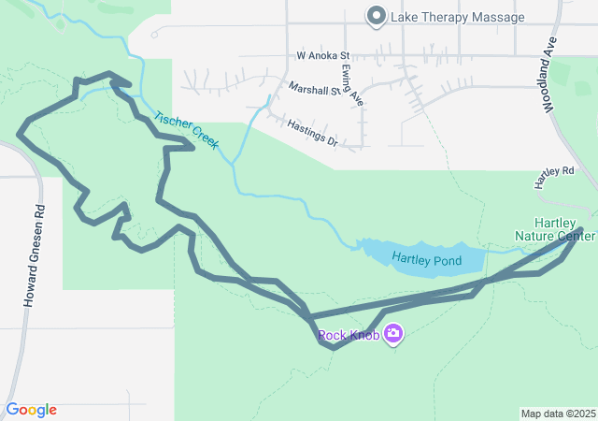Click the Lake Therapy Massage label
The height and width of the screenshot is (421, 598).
pos(458,17)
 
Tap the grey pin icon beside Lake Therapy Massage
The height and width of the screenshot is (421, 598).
pos(377,16)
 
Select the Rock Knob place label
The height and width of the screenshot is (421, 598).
pos(349,335)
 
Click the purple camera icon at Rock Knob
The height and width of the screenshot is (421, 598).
pos(393,333)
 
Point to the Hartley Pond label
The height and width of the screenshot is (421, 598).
pos(426,259)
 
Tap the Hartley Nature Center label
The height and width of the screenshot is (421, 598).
pos(557,229)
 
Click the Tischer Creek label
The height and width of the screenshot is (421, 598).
pos(186,132)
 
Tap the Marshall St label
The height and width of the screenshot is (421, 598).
pos(315,90)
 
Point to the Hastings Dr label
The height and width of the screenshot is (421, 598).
pos(312,132)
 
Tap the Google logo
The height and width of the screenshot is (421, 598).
pos(31,410)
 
